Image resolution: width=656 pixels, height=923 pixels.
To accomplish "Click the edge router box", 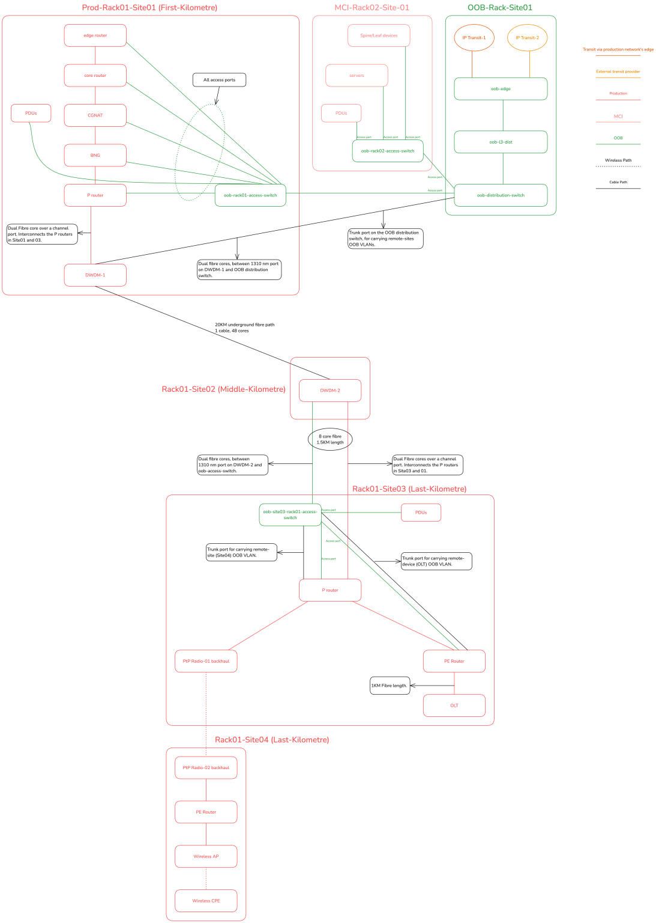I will tap(95, 35).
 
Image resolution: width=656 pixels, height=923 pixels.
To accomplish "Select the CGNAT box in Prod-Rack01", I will tap(95, 115).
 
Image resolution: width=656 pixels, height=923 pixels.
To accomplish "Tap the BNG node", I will tap(95, 155).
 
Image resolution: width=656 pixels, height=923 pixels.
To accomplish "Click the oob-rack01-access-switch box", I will tap(250, 195).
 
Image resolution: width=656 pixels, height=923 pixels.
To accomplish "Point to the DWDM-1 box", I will tap(95, 275).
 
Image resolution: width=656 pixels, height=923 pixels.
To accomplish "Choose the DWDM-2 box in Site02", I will tap(330, 391).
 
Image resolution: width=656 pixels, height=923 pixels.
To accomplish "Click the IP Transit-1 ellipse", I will tap(474, 38).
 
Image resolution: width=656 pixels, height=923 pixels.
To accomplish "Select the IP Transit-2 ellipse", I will tap(527, 38).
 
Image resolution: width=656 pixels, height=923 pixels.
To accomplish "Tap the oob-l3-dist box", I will tap(501, 142).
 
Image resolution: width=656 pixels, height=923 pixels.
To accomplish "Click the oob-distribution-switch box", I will tap(501, 195).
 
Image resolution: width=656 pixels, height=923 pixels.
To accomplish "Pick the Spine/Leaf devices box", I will tap(379, 35).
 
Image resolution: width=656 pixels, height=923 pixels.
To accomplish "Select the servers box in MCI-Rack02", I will tap(357, 76).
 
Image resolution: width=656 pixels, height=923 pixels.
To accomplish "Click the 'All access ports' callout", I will tap(219, 80).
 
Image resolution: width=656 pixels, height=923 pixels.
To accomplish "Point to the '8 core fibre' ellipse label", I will tap(330, 439).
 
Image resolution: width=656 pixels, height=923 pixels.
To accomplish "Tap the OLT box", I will tap(454, 705).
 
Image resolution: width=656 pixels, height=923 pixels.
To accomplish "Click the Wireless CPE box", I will tap(206, 901).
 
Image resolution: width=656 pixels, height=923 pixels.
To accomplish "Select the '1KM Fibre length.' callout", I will tap(390, 686).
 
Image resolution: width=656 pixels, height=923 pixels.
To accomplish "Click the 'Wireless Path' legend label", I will tap(618, 160).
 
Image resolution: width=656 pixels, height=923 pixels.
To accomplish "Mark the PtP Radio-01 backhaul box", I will tap(206, 661).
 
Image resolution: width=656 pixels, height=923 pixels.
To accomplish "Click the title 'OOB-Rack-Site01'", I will tap(499, 8).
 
